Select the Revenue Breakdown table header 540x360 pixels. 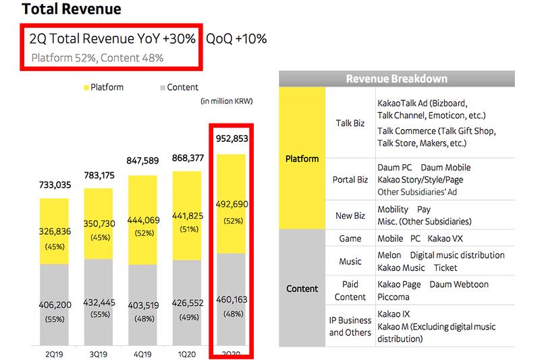tap(396, 79)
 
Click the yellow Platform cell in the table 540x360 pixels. tap(301, 159)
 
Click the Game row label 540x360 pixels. tap(350, 238)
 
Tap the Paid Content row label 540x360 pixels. tap(350, 291)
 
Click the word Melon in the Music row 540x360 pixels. tap(389, 255)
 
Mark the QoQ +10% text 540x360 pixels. tap(236, 38)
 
